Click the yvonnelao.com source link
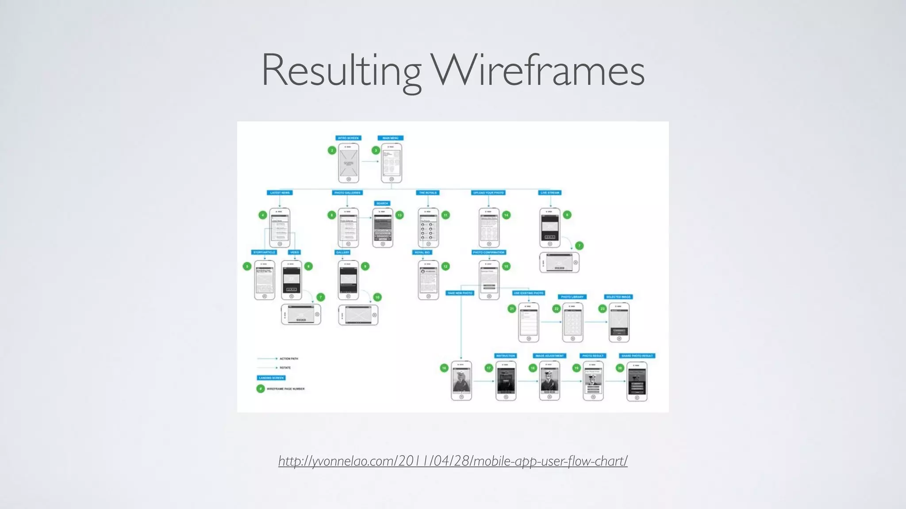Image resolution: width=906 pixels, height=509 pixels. pos(453,461)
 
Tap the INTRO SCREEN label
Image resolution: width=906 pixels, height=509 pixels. pos(348,138)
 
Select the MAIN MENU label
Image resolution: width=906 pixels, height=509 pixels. pos(391,138)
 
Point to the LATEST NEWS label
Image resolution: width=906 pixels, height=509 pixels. pos(280,193)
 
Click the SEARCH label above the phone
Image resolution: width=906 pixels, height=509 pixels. pos(382,203)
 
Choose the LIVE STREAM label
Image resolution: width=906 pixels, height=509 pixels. pos(550,193)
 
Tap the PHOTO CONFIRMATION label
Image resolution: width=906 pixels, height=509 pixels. pos(488,252)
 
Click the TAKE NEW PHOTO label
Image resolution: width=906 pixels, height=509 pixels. pos(460,293)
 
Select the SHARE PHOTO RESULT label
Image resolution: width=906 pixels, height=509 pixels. pos(637,356)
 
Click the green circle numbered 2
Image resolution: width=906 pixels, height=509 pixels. pos(332,150)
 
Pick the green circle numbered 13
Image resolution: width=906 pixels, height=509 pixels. pos(399,215)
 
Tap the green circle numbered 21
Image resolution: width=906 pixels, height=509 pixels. pos(512,309)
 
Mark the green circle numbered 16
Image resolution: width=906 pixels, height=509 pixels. pos(444,368)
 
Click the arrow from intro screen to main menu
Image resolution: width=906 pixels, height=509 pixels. pos(370,162)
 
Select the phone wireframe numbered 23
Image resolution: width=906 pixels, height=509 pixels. pos(619,322)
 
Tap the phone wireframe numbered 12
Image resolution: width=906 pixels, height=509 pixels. pos(428,280)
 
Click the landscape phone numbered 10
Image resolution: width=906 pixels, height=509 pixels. pos(358,315)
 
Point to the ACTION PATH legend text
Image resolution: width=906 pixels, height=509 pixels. pos(289,359)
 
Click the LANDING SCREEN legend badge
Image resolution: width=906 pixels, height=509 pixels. pos(271,378)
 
